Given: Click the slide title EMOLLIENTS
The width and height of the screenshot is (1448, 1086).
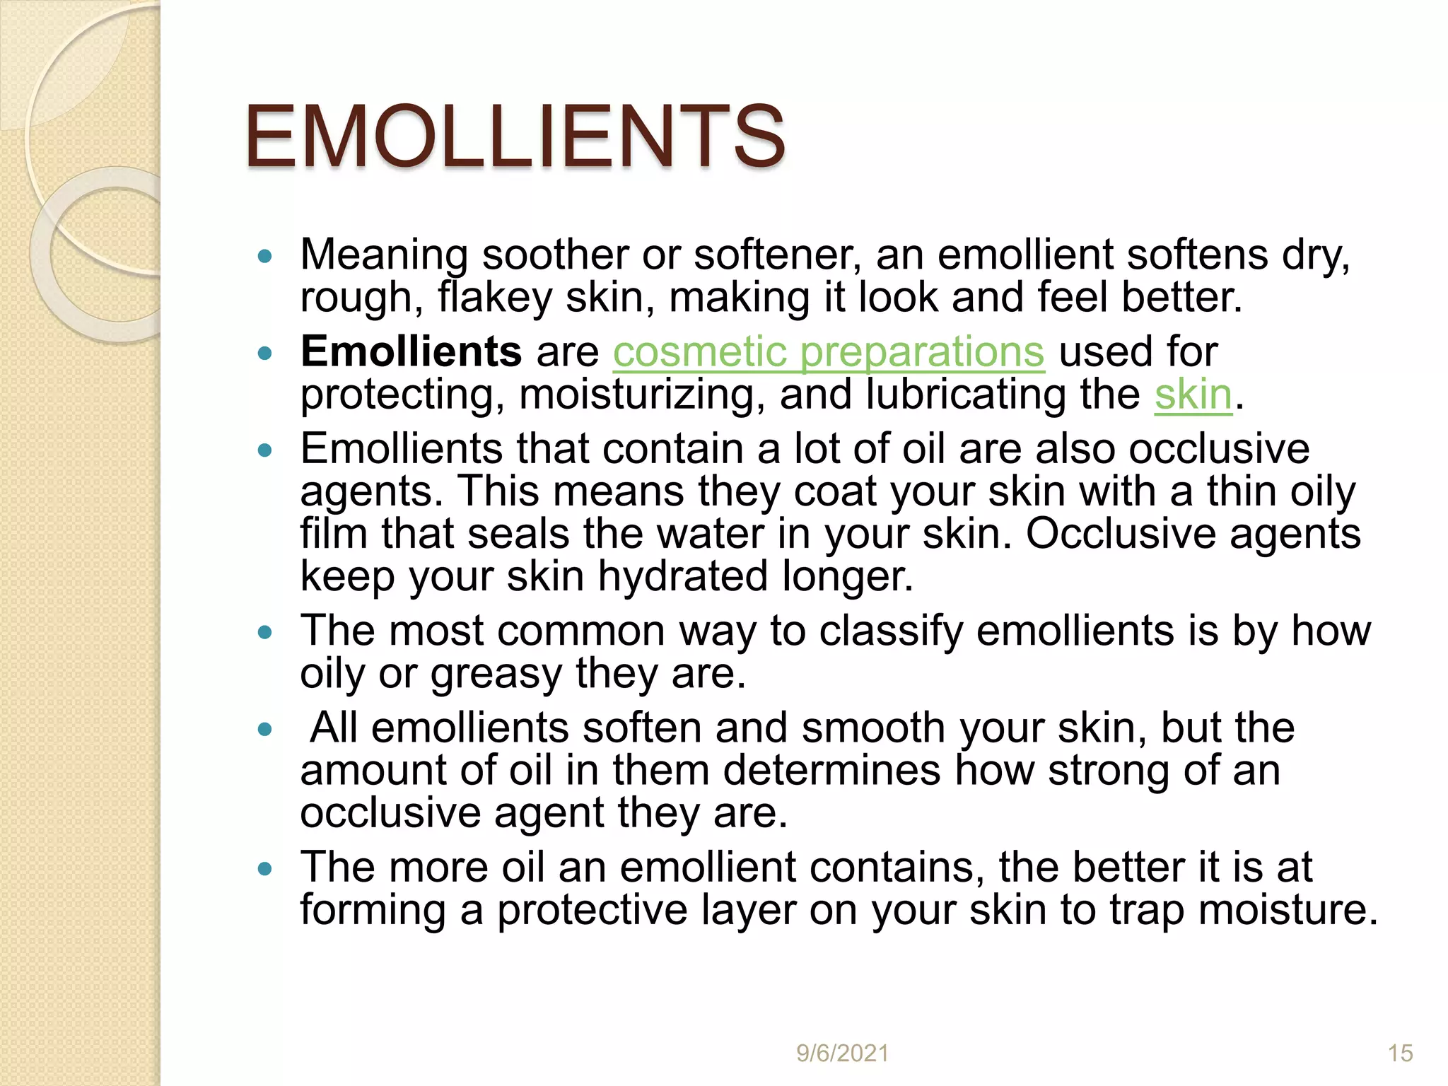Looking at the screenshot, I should (x=515, y=136).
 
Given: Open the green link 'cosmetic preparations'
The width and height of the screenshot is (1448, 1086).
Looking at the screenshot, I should (x=828, y=351).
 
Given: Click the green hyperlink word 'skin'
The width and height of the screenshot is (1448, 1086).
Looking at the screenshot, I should (x=1193, y=394).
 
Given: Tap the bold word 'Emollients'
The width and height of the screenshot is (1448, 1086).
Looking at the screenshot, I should (x=411, y=351).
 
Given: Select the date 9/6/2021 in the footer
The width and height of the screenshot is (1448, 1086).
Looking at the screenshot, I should (x=842, y=1053).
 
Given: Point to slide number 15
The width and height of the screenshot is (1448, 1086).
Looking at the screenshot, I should (x=1400, y=1053).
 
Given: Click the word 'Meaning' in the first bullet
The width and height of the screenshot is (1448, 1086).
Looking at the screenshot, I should (x=384, y=255).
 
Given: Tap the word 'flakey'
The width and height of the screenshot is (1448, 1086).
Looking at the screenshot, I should (x=494, y=297).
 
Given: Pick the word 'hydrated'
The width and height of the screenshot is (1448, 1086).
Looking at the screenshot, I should (x=682, y=576).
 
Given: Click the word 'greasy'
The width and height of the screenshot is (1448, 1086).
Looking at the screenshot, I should (x=496, y=674).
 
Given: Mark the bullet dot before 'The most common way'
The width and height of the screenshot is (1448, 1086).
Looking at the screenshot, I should (x=265, y=632).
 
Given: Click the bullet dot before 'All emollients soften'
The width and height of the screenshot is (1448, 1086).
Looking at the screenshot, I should (x=265, y=729).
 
